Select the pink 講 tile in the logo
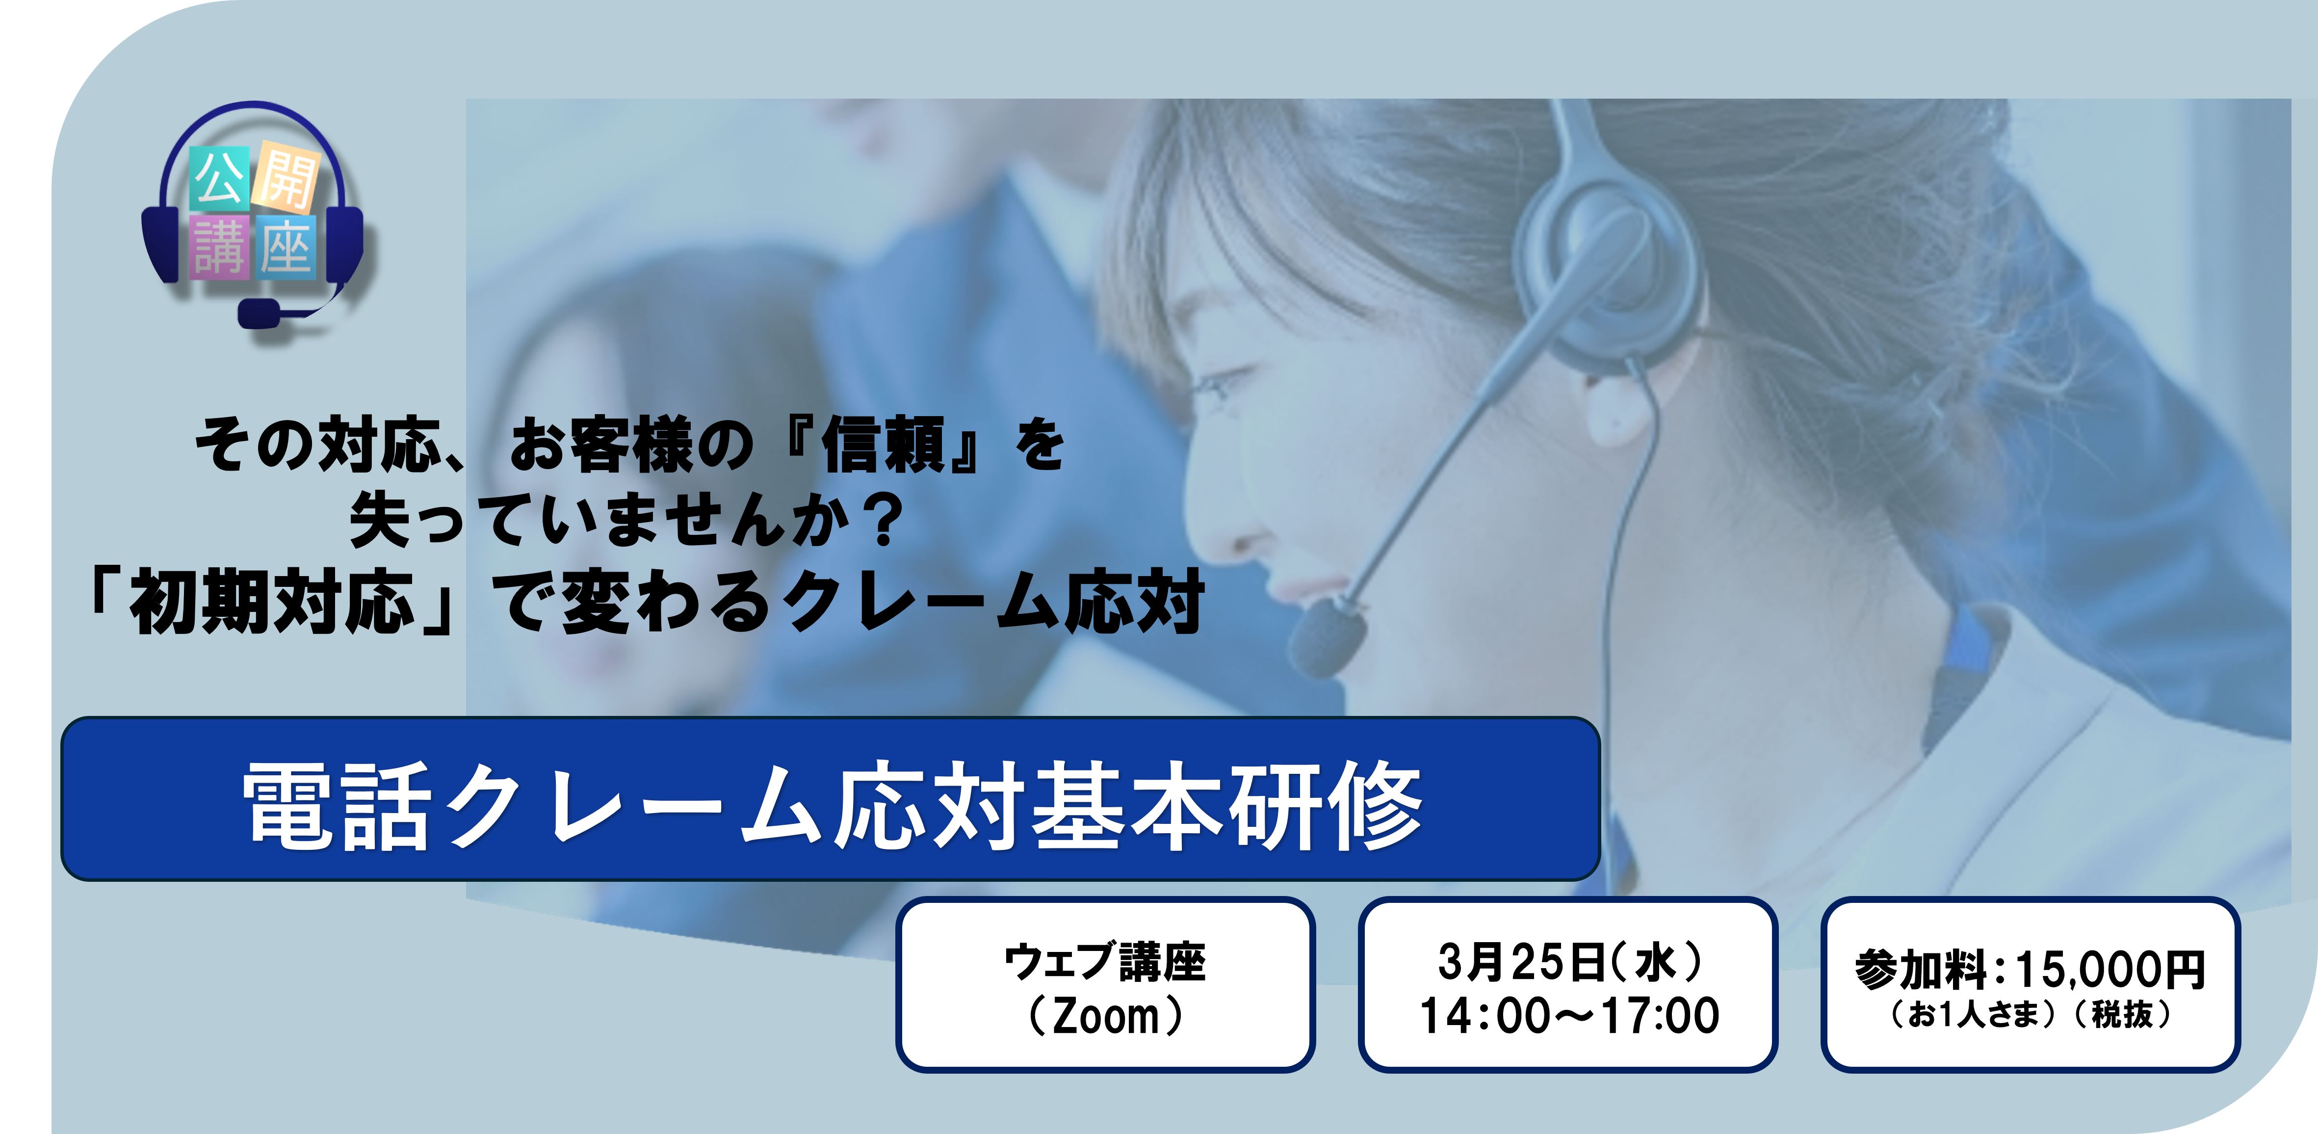point(220,247)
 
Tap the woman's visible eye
point(1215,388)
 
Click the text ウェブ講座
point(1104,961)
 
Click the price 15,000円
point(2110,970)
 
